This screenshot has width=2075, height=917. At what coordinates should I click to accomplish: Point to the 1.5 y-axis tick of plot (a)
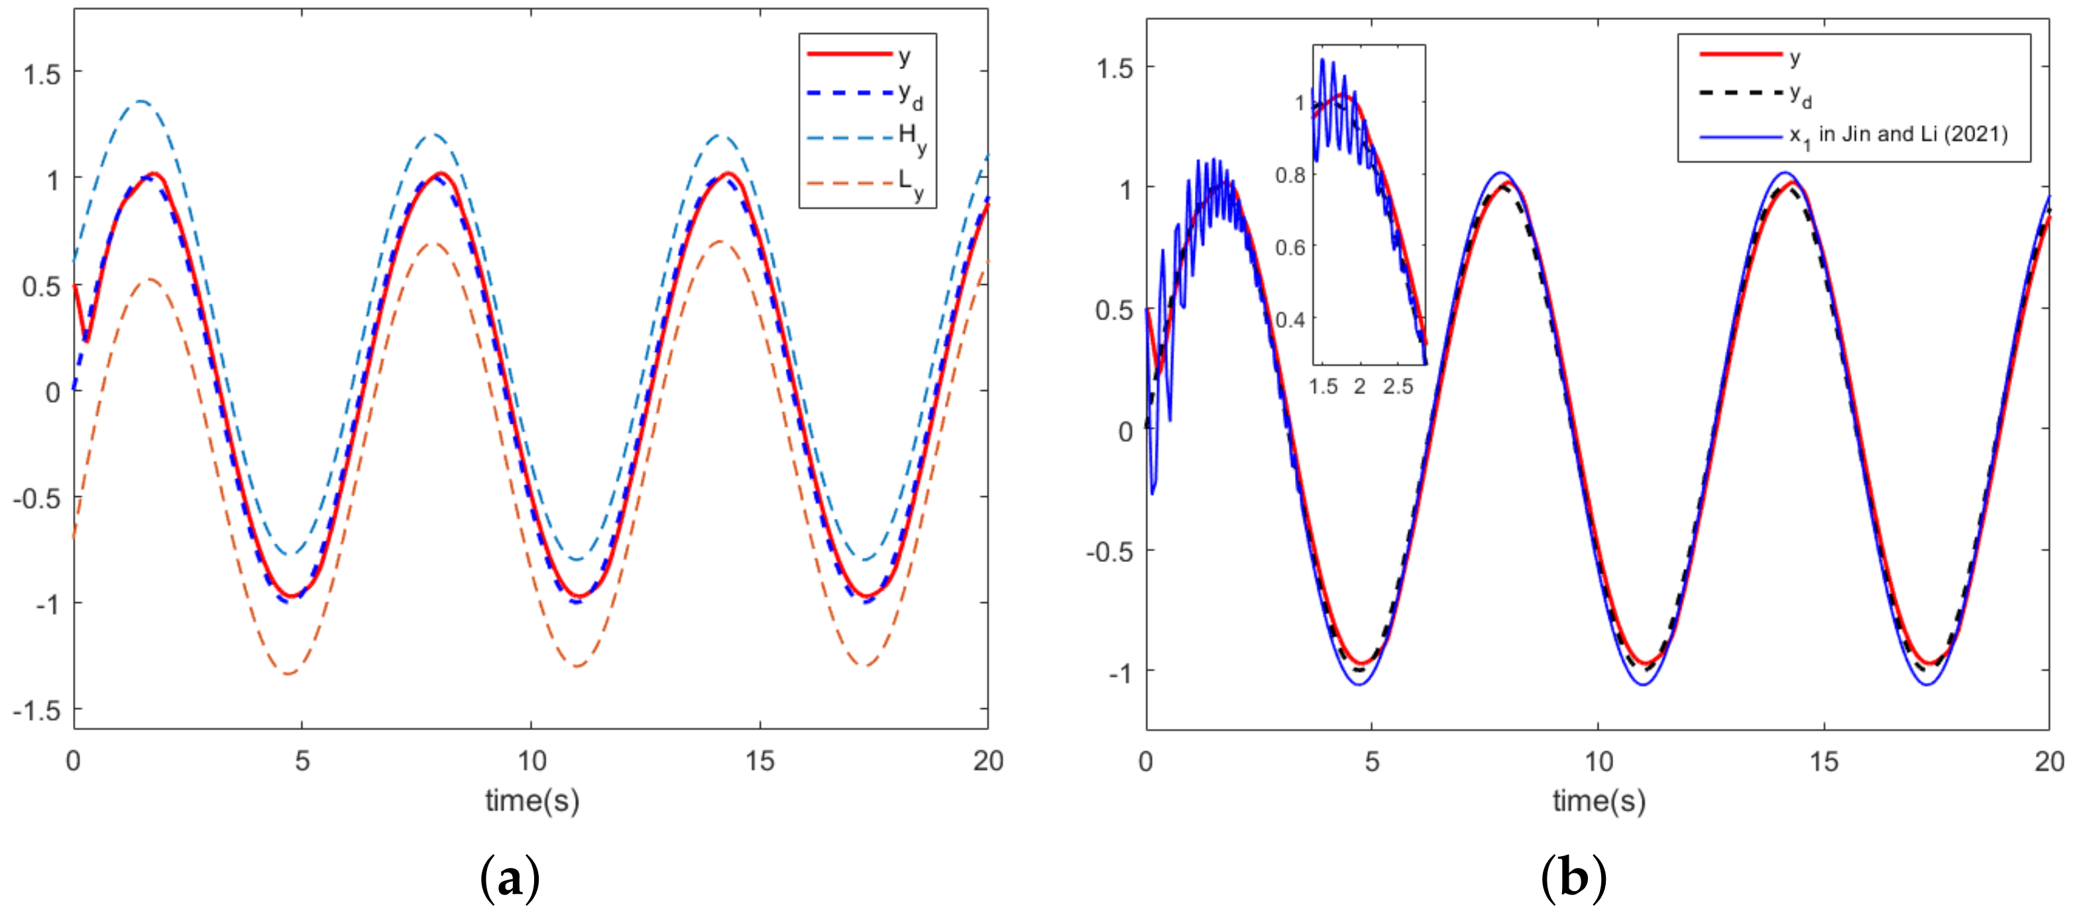click(x=42, y=74)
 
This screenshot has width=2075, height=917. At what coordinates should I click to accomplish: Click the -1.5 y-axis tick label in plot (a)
click(x=37, y=710)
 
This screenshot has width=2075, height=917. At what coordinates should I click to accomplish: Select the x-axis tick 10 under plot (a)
click(x=532, y=761)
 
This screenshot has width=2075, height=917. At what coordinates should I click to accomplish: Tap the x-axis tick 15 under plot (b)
click(x=1824, y=761)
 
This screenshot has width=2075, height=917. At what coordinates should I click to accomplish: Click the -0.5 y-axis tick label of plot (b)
click(x=1109, y=553)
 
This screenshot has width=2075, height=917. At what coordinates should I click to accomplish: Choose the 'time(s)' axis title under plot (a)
click(x=532, y=800)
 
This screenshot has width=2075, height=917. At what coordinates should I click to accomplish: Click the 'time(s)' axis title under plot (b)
click(x=1599, y=800)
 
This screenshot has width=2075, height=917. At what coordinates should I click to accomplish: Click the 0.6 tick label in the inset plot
click(x=1290, y=247)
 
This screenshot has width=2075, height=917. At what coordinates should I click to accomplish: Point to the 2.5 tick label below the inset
click(x=1398, y=387)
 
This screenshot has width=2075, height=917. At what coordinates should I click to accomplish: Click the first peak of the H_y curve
click(x=142, y=101)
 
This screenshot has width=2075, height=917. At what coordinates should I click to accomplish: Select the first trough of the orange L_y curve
click(x=289, y=673)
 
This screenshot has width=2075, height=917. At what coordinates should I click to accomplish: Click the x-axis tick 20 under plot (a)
click(x=988, y=761)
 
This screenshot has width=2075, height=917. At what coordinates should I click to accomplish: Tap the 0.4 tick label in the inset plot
click(x=1290, y=319)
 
